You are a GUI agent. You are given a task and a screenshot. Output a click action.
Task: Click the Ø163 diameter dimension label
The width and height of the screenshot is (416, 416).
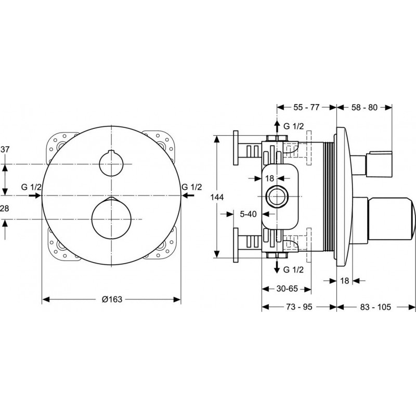pos(112,300)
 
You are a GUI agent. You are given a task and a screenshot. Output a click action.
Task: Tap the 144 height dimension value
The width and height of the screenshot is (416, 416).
pos(217,197)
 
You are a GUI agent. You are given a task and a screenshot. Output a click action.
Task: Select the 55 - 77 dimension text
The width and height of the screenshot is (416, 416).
pos(306,107)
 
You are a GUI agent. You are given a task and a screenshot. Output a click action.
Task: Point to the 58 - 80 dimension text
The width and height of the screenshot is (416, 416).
pos(365,107)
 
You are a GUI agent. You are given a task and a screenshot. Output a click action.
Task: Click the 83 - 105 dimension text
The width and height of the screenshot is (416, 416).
pos(375,307)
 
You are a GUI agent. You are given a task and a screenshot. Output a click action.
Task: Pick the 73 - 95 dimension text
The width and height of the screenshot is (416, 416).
pos(299,307)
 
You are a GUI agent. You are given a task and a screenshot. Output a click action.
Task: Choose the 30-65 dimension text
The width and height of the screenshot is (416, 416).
pos(287,289)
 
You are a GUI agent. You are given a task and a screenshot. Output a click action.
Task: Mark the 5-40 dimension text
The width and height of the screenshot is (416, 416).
pos(249,214)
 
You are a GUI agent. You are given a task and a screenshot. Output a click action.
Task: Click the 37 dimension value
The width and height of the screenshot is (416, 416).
pos(5,150)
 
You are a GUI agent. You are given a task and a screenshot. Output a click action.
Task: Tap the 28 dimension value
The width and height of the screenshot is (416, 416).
pos(5,209)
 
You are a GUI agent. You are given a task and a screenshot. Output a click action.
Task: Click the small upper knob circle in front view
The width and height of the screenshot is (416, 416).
pos(111,164)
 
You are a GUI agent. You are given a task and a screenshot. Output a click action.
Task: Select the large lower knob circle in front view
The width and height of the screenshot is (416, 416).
pos(111,218)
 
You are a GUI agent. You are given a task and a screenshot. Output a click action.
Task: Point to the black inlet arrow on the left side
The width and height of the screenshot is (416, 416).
pos(34,196)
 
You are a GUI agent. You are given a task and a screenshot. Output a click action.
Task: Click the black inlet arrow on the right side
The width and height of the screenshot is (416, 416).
pos(188,196)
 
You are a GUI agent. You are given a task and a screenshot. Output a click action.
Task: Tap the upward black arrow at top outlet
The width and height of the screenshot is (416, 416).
pos(277,126)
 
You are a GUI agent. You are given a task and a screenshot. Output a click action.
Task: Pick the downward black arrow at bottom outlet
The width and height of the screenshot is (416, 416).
pos(277,267)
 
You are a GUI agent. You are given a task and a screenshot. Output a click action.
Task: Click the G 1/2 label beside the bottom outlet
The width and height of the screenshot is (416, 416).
pos(293,270)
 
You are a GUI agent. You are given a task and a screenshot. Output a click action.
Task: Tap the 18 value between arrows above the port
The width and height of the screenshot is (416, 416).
pos(269,178)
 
